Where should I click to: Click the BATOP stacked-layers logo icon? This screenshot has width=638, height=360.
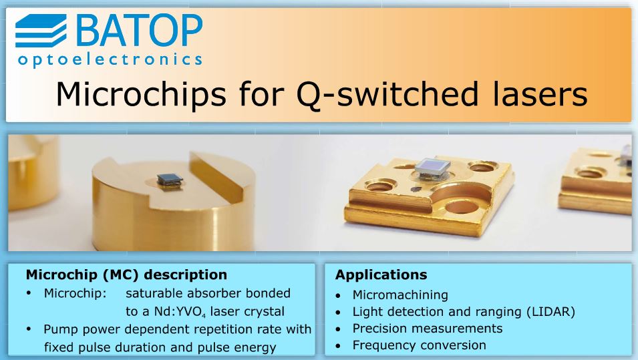(41, 31)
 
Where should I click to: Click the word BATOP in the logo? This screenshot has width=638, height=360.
(139, 31)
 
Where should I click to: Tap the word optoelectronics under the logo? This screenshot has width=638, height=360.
(110, 60)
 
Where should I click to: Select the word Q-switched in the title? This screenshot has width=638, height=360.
(387, 95)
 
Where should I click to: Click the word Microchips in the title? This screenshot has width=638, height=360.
(141, 94)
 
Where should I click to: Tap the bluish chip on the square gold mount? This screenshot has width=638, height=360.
(432, 168)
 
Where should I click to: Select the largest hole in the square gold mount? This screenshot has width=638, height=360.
(462, 206)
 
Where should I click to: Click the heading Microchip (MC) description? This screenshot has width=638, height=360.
(126, 275)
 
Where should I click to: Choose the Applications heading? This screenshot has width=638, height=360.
(381, 275)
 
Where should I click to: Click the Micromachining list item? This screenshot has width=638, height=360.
(400, 295)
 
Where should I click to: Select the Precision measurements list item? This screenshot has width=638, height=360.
(428, 328)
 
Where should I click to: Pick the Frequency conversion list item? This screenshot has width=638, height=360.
(420, 345)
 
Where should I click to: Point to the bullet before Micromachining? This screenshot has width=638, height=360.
(339, 296)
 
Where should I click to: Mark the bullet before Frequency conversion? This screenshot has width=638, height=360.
(339, 347)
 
